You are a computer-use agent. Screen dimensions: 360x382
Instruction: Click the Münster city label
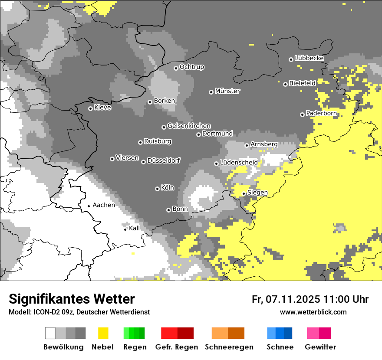click(x=227, y=91)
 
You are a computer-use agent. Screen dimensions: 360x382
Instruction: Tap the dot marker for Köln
click(x=157, y=189)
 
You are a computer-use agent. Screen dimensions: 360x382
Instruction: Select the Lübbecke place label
click(x=309, y=58)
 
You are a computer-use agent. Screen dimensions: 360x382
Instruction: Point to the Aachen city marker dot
click(x=89, y=206)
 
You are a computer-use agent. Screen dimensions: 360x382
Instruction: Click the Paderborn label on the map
click(x=321, y=113)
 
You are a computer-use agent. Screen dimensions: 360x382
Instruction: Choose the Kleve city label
click(x=102, y=108)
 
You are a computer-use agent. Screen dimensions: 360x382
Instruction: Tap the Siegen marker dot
click(x=244, y=193)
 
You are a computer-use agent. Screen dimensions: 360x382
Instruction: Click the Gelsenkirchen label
click(x=189, y=126)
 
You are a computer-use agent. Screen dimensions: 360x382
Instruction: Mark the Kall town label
click(x=135, y=228)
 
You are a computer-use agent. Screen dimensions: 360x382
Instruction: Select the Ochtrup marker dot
click(x=176, y=68)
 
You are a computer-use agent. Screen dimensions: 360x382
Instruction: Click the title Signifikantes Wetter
click(x=72, y=299)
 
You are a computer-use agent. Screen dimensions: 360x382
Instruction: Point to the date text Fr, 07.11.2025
click(x=285, y=299)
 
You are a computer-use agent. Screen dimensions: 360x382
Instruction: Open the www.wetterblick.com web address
click(x=313, y=312)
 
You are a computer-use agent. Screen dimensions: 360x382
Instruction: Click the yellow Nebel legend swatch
click(x=103, y=333)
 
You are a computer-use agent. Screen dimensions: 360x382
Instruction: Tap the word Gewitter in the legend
click(x=320, y=347)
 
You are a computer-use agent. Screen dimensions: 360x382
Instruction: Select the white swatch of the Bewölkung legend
click(x=50, y=333)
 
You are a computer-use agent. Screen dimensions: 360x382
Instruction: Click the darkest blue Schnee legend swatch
click(x=288, y=333)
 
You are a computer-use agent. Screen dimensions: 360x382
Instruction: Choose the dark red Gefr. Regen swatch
click(x=185, y=333)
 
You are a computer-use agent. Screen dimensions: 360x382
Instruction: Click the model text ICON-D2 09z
click(x=49, y=312)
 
